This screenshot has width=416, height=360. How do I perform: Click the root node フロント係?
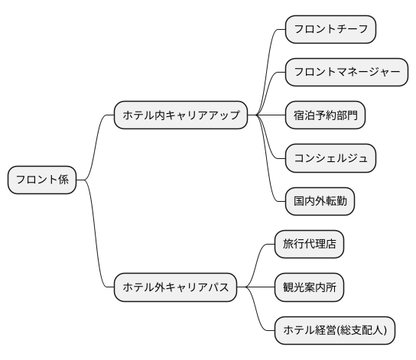[42, 180]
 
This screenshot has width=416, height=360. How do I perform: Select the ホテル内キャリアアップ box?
[181, 115]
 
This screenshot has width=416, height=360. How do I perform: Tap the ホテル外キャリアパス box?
[175, 288]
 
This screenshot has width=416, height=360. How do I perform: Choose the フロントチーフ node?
[330, 30]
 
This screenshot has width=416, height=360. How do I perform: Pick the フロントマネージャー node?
[346, 73]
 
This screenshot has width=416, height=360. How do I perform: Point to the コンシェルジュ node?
[330, 159]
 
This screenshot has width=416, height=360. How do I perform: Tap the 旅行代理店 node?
[309, 245]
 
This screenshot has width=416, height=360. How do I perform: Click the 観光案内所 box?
[309, 288]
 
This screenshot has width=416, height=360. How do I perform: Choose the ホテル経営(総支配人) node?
[335, 331]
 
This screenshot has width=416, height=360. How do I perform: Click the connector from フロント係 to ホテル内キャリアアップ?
[95, 145]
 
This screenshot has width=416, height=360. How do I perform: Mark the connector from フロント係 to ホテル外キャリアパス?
[95, 237]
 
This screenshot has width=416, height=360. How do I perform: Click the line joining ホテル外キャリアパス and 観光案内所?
[255, 288]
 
